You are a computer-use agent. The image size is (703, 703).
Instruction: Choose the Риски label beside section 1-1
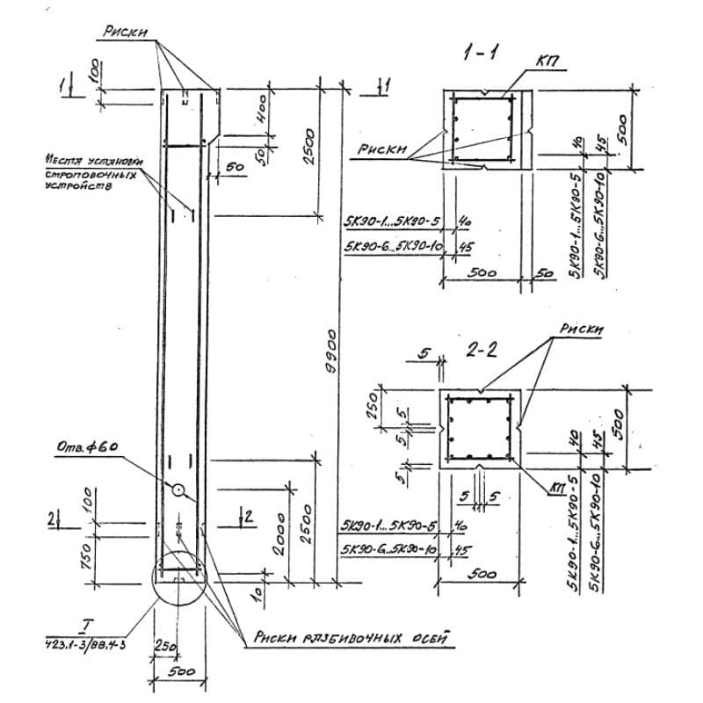click(x=380, y=150)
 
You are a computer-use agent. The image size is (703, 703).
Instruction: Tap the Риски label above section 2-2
click(x=582, y=329)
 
